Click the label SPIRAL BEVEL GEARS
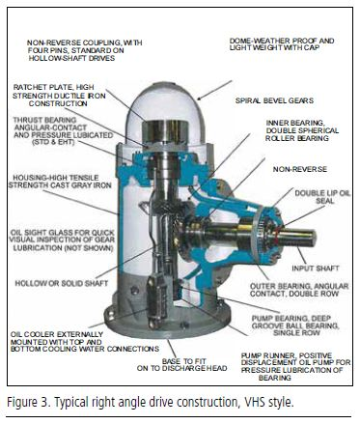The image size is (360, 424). (x=274, y=100)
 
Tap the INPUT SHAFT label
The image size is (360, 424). (x=316, y=269)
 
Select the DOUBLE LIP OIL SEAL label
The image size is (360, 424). (x=322, y=197)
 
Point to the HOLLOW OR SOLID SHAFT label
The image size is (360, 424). (x=62, y=283)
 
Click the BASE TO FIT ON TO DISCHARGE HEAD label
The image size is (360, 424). (x=182, y=365)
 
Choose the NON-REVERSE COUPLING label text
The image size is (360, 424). (x=85, y=50)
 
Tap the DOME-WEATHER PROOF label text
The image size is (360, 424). (x=282, y=44)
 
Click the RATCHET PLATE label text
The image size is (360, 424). (x=59, y=96)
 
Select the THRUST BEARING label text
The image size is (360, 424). (x=63, y=131)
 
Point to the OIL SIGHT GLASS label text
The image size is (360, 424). (x=62, y=240)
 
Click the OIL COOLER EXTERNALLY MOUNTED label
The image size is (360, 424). (x=85, y=342)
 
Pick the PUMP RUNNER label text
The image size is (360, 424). (x=295, y=366)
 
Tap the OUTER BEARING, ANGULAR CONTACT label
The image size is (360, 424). (x=299, y=290)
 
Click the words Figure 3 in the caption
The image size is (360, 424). (x=27, y=402)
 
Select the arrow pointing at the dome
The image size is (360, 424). (x=214, y=90)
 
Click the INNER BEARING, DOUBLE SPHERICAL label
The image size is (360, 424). (x=302, y=130)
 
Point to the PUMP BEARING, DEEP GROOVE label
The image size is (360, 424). (x=295, y=325)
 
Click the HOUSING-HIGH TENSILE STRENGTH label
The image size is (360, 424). (x=60, y=182)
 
